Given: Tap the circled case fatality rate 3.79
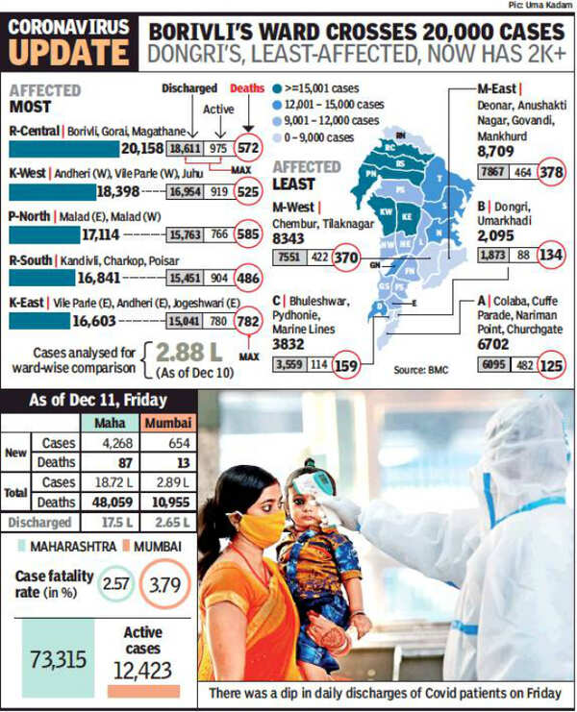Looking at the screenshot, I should click(x=164, y=584).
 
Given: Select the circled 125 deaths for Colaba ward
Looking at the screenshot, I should click(x=551, y=365).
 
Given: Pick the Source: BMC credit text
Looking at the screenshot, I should click(x=418, y=370).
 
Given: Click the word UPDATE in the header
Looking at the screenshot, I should click(x=66, y=54).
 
